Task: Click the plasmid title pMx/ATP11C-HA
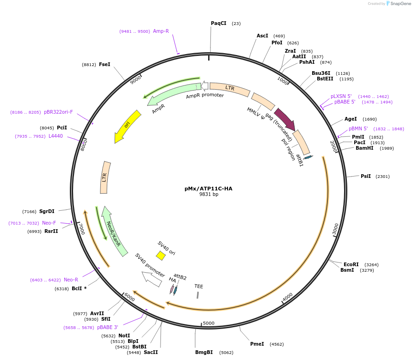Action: pos(208,189)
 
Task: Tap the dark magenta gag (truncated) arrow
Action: pos(284,119)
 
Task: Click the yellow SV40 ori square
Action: pos(161,256)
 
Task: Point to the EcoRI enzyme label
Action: pos(351,265)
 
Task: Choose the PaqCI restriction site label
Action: pos(219,23)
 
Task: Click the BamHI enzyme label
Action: pos(364,148)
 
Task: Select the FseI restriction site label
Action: pos(105,65)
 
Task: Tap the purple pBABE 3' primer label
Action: pos(108,327)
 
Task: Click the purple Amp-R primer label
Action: pos(161,31)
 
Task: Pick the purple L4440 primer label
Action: pos(55,136)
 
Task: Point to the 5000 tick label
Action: pos(209,323)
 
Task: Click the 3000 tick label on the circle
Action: pos(336,228)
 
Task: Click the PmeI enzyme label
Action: pos(257,344)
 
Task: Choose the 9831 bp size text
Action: pos(209,195)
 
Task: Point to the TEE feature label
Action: pos(199,287)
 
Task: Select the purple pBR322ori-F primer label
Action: pos(58,112)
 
